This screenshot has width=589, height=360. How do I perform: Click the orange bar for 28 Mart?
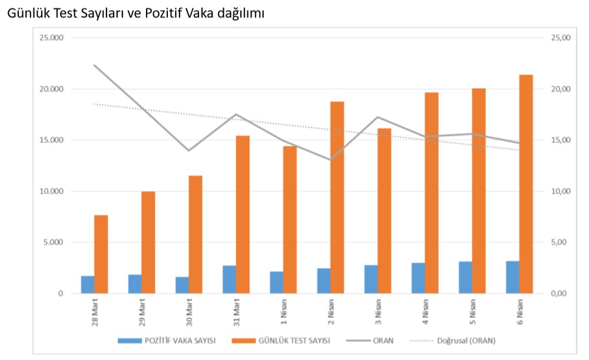click(x=101, y=254)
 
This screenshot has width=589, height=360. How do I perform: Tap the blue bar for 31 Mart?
click(x=229, y=279)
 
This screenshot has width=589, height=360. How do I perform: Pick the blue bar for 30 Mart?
click(x=182, y=285)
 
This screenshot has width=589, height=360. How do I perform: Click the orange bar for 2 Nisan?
click(x=337, y=197)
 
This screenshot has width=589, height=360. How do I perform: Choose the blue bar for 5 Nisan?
click(x=465, y=278)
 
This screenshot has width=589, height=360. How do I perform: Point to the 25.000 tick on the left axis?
click(x=51, y=38)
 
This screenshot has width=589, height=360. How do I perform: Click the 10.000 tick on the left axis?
click(x=51, y=191)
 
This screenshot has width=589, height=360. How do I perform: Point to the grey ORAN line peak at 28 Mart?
click(x=94, y=65)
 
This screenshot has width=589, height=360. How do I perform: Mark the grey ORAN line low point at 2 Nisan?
click(x=330, y=160)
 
